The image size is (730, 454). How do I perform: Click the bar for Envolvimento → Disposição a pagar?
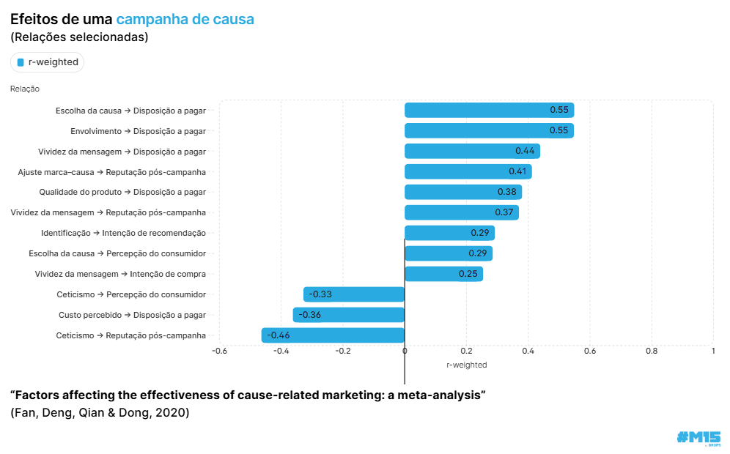click(489, 131)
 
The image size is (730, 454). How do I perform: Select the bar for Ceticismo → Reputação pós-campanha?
click(333, 335)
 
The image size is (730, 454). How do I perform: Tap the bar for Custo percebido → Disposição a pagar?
click(349, 315)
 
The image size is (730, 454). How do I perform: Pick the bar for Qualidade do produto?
click(463, 193)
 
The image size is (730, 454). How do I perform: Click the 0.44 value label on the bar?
click(525, 151)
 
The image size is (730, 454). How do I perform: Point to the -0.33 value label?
click(320, 294)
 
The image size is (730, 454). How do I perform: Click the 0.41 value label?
click(518, 171)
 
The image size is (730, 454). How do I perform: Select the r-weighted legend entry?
click(48, 62)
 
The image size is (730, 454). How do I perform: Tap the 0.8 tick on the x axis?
click(651, 351)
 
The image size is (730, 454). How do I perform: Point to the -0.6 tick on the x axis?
click(219, 351)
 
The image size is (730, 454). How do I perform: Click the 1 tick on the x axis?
click(712, 351)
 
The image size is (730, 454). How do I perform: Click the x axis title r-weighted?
click(466, 365)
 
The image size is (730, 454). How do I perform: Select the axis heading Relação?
click(25, 89)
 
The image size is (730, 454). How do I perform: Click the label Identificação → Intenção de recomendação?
click(123, 233)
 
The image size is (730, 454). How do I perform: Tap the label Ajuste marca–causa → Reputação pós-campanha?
click(111, 172)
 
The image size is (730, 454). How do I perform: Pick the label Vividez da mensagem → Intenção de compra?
click(120, 274)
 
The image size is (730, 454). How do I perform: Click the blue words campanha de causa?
click(185, 19)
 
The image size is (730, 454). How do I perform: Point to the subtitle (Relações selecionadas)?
click(79, 37)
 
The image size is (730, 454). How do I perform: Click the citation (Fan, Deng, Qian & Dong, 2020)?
click(100, 413)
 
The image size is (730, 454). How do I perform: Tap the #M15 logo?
click(698, 437)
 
